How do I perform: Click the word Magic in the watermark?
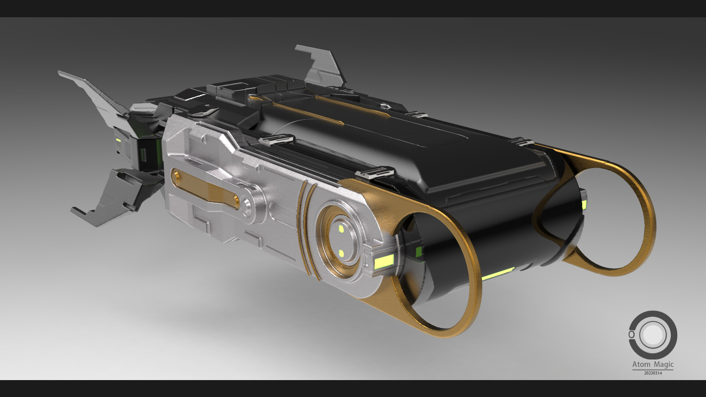663,365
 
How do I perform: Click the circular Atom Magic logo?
653,335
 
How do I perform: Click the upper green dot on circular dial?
342,229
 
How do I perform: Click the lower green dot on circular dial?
341,253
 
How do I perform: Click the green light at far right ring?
584,204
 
